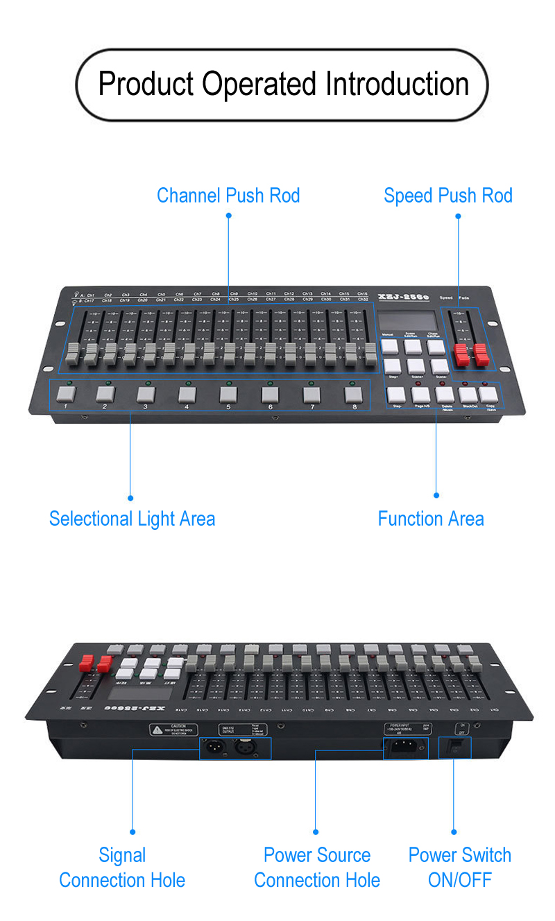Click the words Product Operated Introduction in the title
click(283, 84)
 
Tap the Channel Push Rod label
click(228, 196)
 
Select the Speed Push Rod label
click(447, 196)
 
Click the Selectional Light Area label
click(132, 519)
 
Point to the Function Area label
click(430, 519)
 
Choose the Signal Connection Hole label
click(122, 868)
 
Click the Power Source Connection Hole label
click(317, 868)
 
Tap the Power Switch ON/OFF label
click(459, 868)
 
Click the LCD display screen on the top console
click(408, 320)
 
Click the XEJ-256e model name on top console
click(403, 297)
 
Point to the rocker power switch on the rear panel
click(456, 747)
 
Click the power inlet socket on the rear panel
click(405, 748)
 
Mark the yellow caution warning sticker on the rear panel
click(173, 730)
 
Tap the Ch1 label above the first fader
click(90, 295)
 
